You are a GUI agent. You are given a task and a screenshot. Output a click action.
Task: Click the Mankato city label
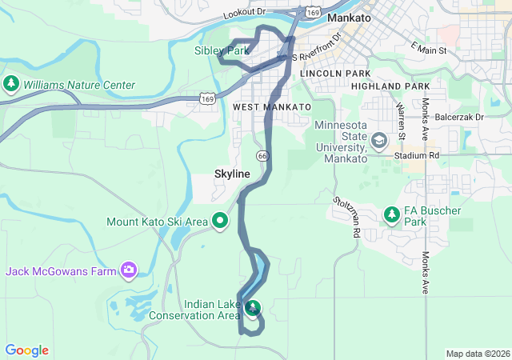pyautogui.click(x=350, y=17)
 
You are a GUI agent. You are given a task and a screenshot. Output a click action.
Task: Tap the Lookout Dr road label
pyautogui.click(x=244, y=13)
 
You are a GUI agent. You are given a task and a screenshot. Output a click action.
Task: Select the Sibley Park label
pyautogui.click(x=222, y=50)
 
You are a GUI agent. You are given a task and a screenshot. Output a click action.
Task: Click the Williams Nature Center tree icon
pyautogui.click(x=11, y=84)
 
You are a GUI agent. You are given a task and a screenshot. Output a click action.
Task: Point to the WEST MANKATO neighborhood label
pyautogui.click(x=271, y=106)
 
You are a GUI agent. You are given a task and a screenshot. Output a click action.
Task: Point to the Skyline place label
pyautogui.click(x=232, y=174)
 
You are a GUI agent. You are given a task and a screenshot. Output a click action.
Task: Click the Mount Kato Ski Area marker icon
pyautogui.click(x=222, y=221)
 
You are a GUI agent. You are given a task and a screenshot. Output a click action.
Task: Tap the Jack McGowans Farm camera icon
pyautogui.click(x=128, y=271)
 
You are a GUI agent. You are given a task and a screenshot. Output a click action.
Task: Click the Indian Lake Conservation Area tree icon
pyautogui.click(x=253, y=308)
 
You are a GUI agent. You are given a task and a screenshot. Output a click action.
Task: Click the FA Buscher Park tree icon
pyautogui.click(x=391, y=214)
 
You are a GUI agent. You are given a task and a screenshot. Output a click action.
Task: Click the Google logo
pyautogui.click(x=26, y=350)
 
